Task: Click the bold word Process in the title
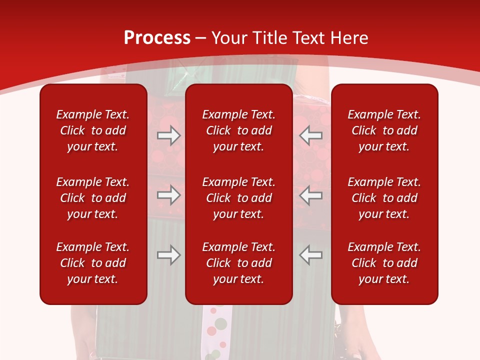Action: click(x=157, y=38)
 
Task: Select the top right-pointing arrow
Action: click(x=169, y=135)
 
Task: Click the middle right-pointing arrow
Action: click(x=169, y=195)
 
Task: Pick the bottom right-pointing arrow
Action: click(x=169, y=255)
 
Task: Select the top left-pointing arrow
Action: click(x=311, y=135)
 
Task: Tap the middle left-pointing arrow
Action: click(x=311, y=195)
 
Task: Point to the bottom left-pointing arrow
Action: click(x=311, y=255)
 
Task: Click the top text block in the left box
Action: click(x=93, y=130)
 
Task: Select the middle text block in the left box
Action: click(x=93, y=198)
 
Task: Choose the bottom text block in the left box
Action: click(x=93, y=263)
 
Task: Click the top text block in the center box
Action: click(x=238, y=130)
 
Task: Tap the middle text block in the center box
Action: click(x=238, y=198)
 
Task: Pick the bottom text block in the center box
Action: click(x=238, y=263)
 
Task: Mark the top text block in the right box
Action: click(x=384, y=130)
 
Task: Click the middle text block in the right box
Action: click(x=384, y=198)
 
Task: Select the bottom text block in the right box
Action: click(x=384, y=263)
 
